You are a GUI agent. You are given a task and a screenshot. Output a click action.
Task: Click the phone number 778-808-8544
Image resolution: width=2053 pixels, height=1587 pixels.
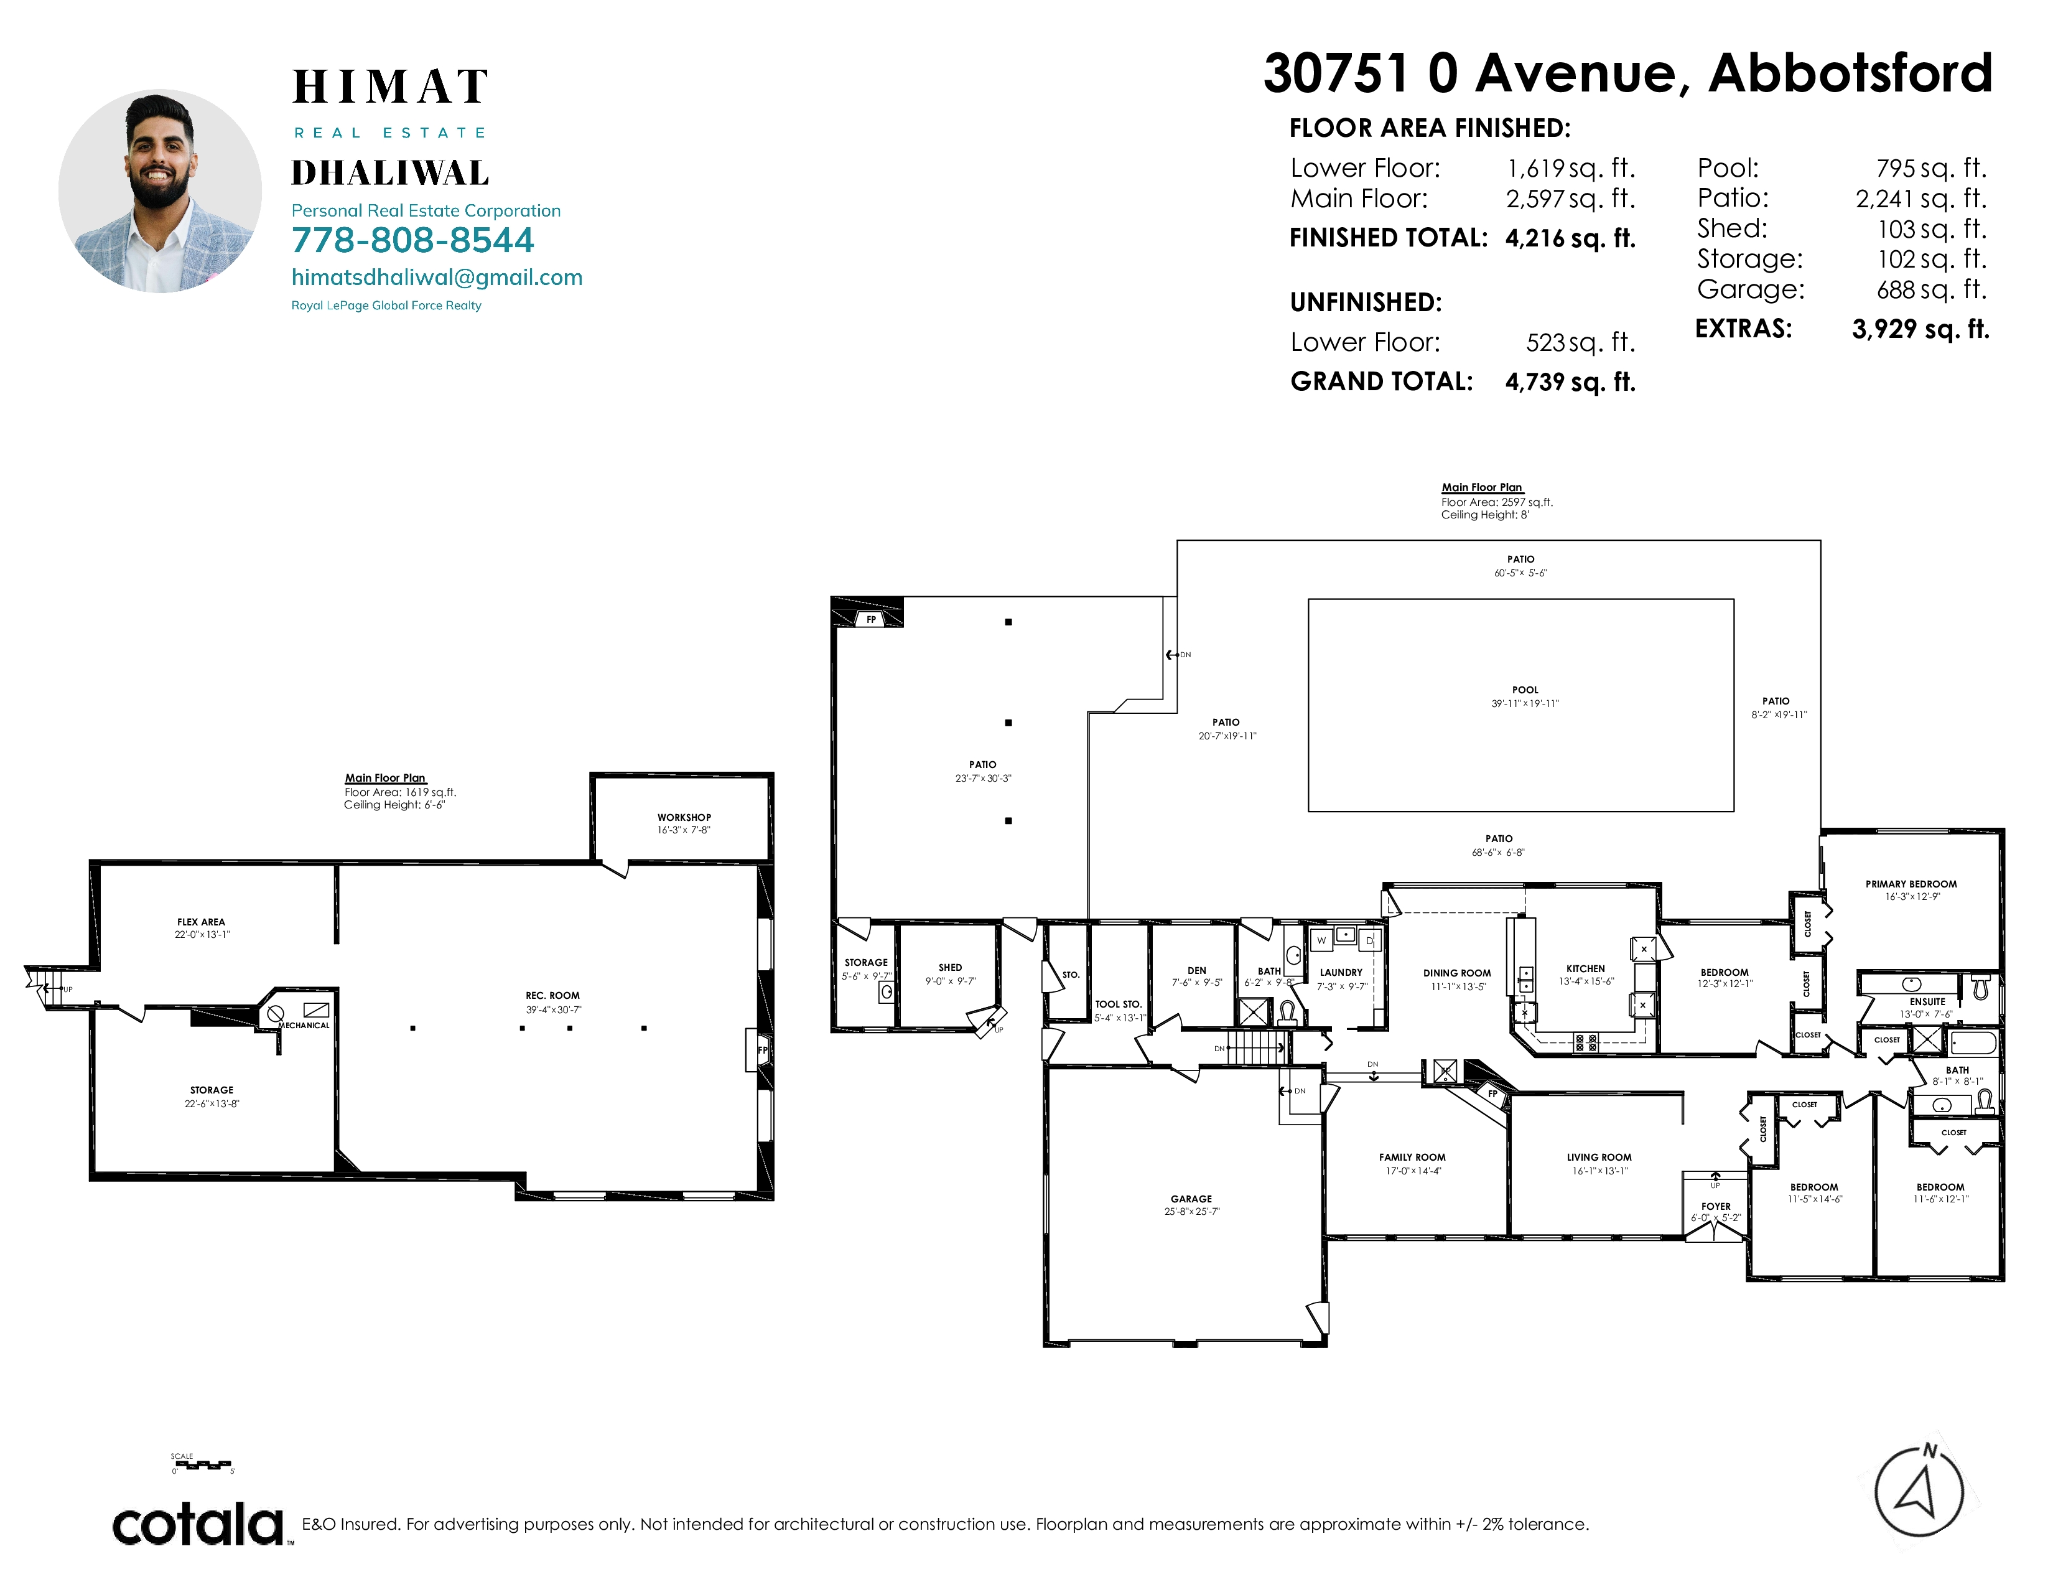point(412,241)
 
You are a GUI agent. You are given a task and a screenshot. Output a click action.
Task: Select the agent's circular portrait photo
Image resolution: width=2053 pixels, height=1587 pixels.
point(160,192)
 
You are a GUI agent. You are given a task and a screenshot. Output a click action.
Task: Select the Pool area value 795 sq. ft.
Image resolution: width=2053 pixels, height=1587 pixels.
point(1932,168)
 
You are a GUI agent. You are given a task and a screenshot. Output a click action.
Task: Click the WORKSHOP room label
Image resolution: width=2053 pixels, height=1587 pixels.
point(684,818)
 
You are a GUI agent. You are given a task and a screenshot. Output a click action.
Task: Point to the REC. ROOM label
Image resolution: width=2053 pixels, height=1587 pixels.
point(552,996)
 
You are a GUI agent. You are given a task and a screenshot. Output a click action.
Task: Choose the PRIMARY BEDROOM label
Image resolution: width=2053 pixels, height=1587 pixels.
point(1911,884)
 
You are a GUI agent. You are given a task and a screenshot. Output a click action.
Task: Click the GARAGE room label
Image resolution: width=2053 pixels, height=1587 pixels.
point(1191,1199)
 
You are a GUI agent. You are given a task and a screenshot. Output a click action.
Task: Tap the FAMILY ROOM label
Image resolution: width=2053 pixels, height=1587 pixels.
point(1412,1158)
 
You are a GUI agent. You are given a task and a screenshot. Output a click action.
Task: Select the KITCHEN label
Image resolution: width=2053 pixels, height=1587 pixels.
point(1586,968)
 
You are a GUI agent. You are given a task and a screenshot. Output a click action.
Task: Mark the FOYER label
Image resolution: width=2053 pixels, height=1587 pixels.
point(1716,1206)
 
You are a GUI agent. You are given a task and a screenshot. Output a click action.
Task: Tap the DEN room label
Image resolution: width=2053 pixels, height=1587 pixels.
point(1196,970)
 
